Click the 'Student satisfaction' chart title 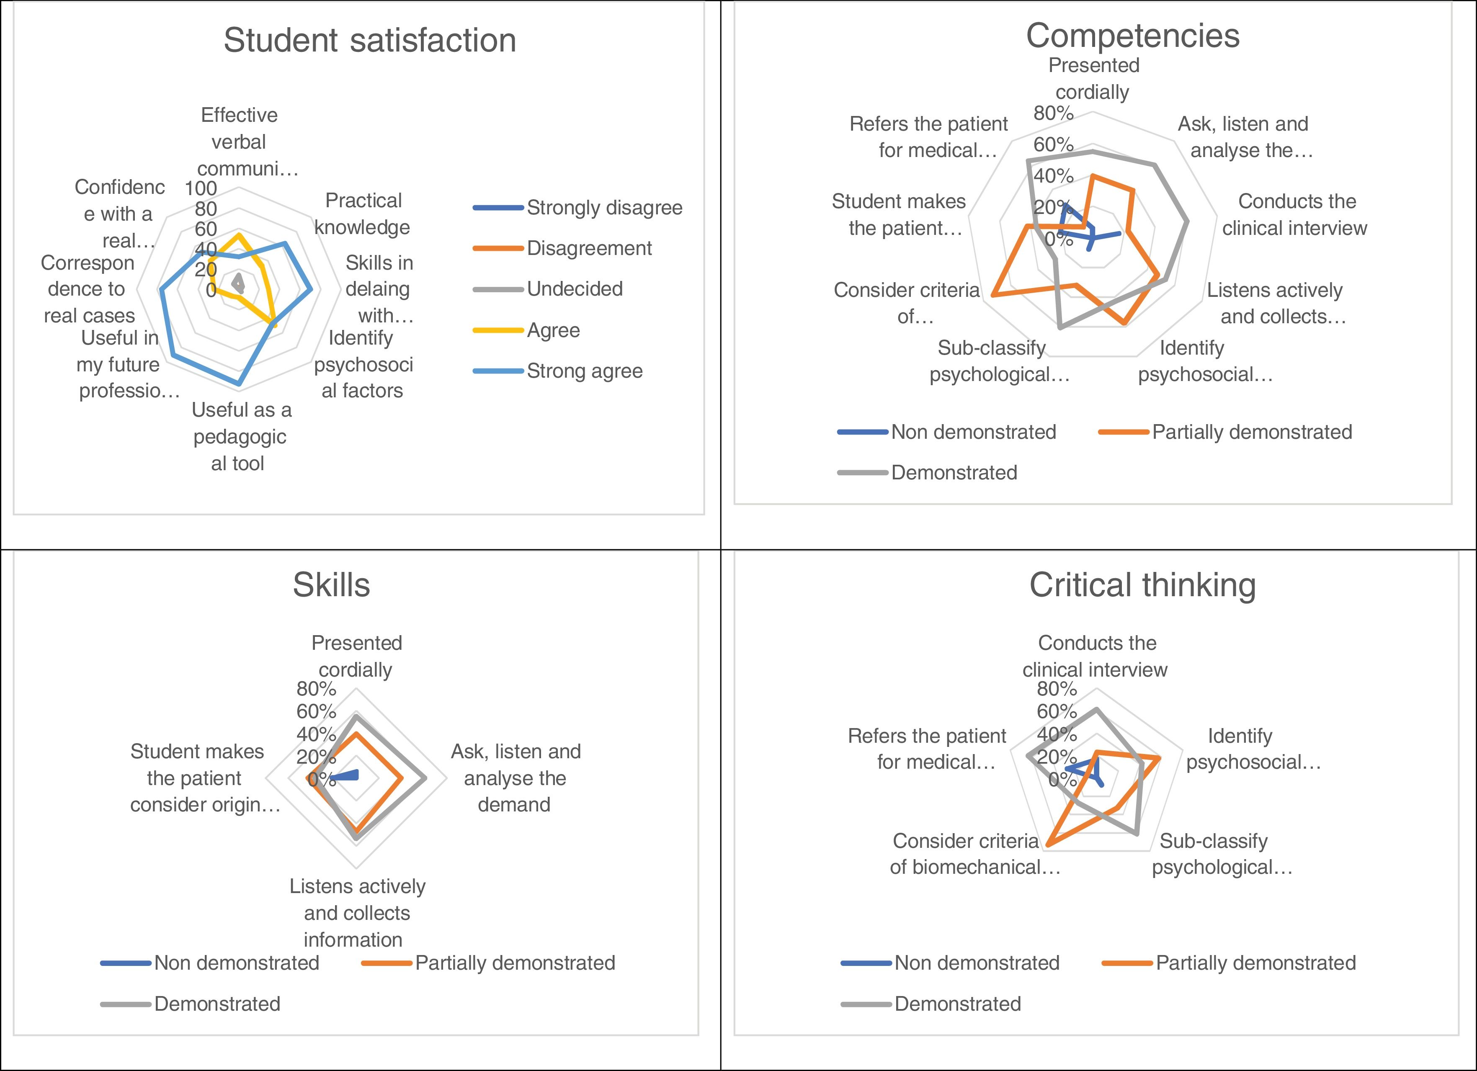370,40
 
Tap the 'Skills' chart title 332,584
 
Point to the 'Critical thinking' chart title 1142,584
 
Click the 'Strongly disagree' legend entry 604,208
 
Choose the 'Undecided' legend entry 575,288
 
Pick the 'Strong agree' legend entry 584,371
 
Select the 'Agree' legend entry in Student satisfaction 553,330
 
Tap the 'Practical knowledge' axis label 363,214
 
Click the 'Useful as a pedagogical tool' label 240,436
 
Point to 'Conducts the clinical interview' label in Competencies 1295,214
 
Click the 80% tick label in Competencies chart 1053,113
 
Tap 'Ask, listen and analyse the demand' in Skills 515,778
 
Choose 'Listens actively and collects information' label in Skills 356,912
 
